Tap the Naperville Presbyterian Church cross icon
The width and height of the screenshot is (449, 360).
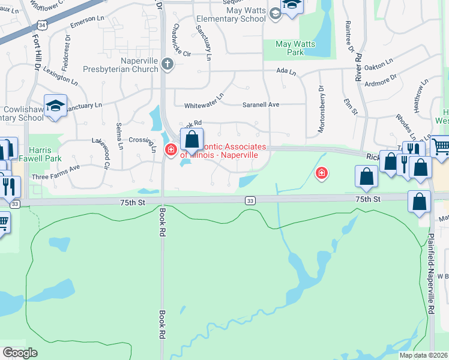click(167, 64)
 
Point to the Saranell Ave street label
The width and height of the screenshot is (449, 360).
click(261, 104)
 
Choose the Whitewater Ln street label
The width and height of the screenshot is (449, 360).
click(203, 101)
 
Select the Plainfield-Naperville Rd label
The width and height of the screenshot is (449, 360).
click(431, 276)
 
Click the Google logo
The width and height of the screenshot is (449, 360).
click(20, 353)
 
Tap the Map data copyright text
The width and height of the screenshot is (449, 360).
click(424, 355)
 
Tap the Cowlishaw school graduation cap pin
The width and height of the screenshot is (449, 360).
click(55, 106)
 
